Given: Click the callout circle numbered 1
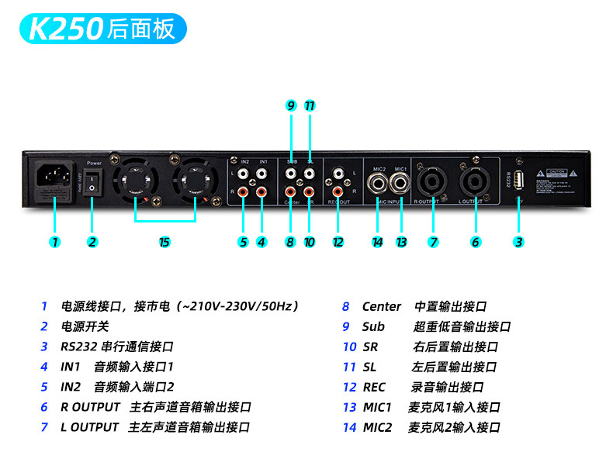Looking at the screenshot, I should [x=54, y=242].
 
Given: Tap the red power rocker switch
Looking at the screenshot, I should [x=94, y=183].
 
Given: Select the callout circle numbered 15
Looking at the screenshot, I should [x=164, y=242].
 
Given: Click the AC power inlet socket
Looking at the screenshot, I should [x=54, y=180].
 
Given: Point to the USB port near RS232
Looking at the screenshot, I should [x=518, y=180].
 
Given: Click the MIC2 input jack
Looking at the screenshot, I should [x=378, y=184].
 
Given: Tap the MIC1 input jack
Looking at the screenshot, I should [x=401, y=184].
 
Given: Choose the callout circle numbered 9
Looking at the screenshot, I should [x=291, y=105].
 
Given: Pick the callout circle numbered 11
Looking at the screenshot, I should [x=310, y=105].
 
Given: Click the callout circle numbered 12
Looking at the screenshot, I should [x=338, y=242].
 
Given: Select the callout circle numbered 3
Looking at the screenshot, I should [x=518, y=242].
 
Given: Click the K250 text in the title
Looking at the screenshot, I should [x=65, y=29].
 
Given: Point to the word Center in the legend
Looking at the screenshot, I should [x=382, y=307].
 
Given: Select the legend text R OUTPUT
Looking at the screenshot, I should [x=90, y=407].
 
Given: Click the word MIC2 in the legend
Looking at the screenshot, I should [x=378, y=427].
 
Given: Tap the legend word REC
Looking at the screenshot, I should [x=374, y=387].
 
